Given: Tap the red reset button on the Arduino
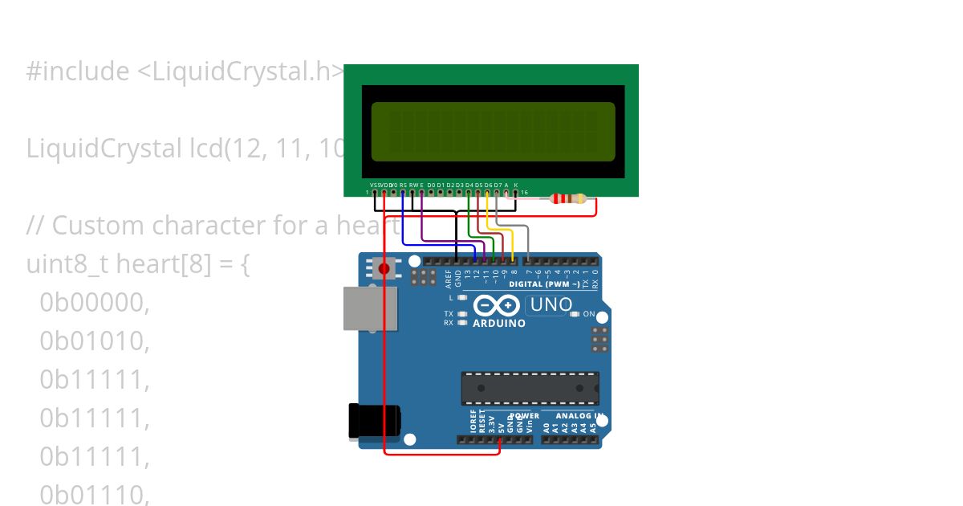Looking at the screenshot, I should [384, 268].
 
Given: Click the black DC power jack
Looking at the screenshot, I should [373, 421].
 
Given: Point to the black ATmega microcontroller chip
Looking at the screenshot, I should [530, 388].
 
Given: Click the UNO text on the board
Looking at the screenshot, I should [551, 305].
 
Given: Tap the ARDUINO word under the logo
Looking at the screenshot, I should [499, 324].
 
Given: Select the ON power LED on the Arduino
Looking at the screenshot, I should [575, 314].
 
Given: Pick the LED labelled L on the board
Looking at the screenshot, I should [462, 297].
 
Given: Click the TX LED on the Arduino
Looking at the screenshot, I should [462, 313].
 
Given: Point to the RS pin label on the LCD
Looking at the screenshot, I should [403, 185].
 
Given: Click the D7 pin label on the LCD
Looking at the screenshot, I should [498, 185].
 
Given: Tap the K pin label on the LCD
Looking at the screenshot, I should [516, 185].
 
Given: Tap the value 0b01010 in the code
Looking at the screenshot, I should [95, 341].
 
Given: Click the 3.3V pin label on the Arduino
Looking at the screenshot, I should [491, 423].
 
